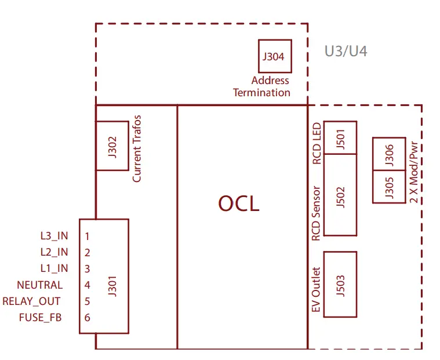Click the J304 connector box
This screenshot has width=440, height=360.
tap(275, 56)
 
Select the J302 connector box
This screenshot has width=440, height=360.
tap(112, 146)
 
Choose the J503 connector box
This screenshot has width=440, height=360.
tap(340, 284)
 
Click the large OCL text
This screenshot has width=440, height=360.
tap(239, 203)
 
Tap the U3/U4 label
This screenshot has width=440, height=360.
tap(346, 52)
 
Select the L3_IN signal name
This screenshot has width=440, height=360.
tap(54, 236)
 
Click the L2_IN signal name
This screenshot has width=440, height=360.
tap(54, 252)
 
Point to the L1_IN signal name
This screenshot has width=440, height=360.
tap(54, 268)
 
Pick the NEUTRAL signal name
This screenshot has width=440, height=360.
tap(39, 285)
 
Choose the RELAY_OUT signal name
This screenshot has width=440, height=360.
tap(31, 301)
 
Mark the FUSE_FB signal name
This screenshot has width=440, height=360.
tap(41, 317)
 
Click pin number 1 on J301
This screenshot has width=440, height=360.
tap(87, 236)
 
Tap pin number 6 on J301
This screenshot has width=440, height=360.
tap(87, 317)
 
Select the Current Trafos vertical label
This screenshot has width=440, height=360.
tap(137, 148)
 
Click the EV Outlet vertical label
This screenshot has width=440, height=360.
tap(316, 290)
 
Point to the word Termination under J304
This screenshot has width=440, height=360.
tap(261, 92)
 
